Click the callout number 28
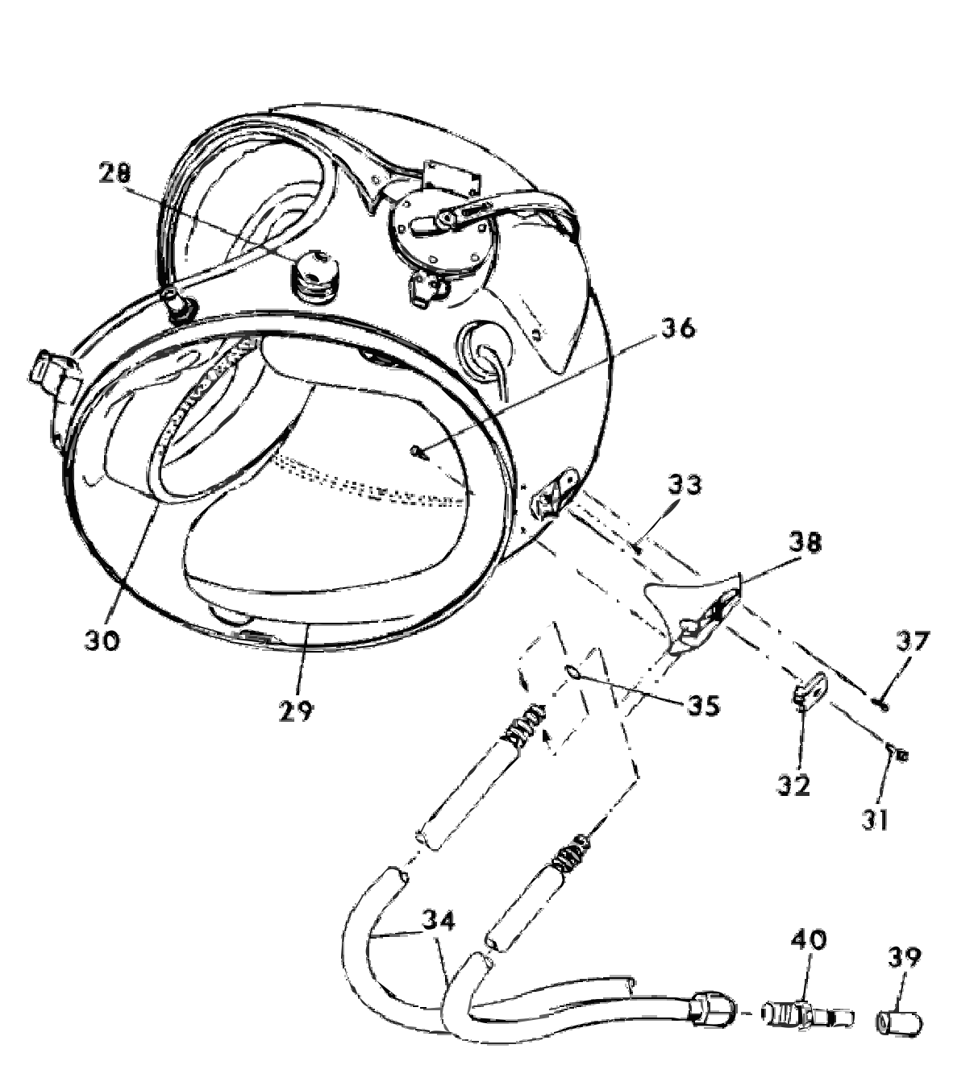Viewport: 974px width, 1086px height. click(x=114, y=173)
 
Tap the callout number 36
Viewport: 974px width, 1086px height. click(x=678, y=328)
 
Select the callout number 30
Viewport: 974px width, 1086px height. click(x=102, y=640)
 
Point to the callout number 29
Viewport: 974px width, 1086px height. click(x=296, y=711)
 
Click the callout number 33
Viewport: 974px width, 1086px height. click(x=685, y=485)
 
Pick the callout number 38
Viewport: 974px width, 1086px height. click(x=805, y=544)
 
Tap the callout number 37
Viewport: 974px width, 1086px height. click(x=912, y=641)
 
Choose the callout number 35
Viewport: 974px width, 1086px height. click(x=703, y=706)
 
